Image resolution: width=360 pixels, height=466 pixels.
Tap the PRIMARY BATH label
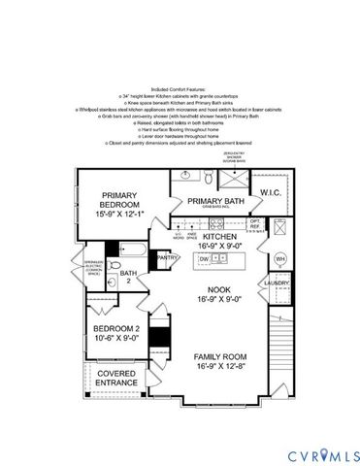(213, 200)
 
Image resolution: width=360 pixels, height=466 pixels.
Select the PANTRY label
(167, 258)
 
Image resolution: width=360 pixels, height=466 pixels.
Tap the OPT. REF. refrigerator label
(255, 223)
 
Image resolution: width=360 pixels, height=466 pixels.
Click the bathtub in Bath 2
(135, 255)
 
